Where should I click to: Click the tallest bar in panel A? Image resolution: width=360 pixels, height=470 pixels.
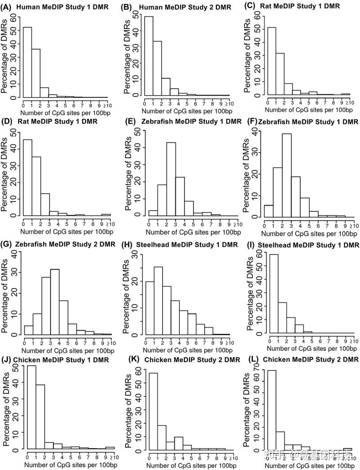tap(27, 62)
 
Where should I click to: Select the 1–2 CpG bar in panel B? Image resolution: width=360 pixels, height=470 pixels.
tap(158, 67)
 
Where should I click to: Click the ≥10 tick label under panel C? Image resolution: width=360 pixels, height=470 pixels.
tap(351, 102)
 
